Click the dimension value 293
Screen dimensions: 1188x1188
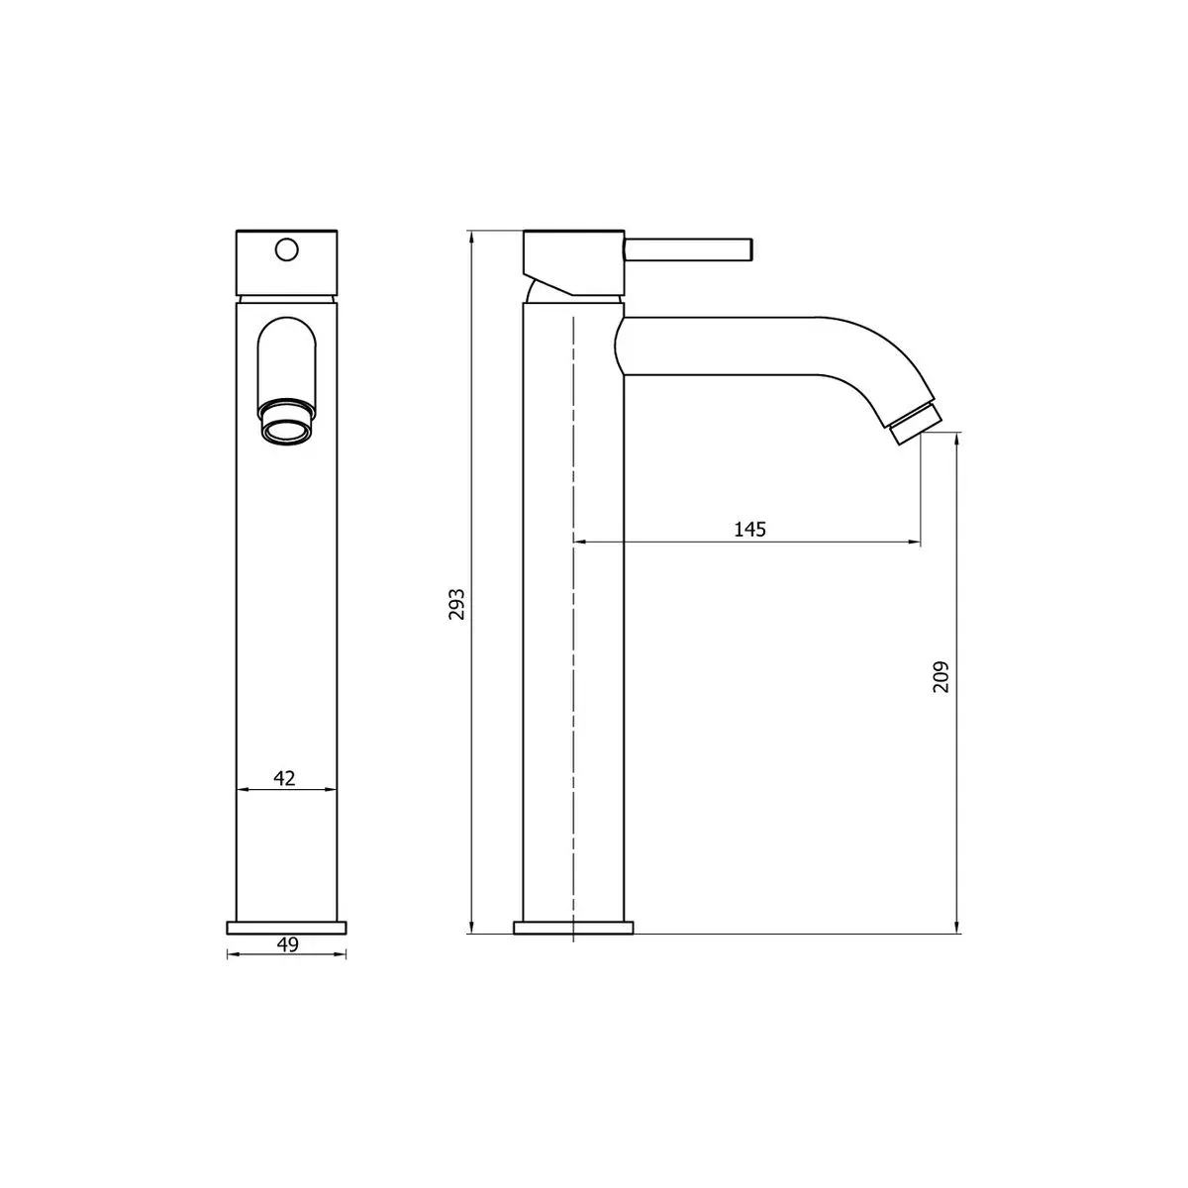455,604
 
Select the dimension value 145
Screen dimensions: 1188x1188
749,530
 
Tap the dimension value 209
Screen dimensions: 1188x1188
940,677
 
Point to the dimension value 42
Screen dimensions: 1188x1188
285,777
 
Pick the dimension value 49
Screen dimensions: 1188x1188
287,944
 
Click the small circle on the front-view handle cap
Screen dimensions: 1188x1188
287,249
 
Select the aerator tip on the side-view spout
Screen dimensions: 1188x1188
914,422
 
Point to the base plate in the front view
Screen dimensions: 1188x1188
287,927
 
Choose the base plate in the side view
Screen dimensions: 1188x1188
573,928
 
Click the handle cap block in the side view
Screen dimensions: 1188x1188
572,257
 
